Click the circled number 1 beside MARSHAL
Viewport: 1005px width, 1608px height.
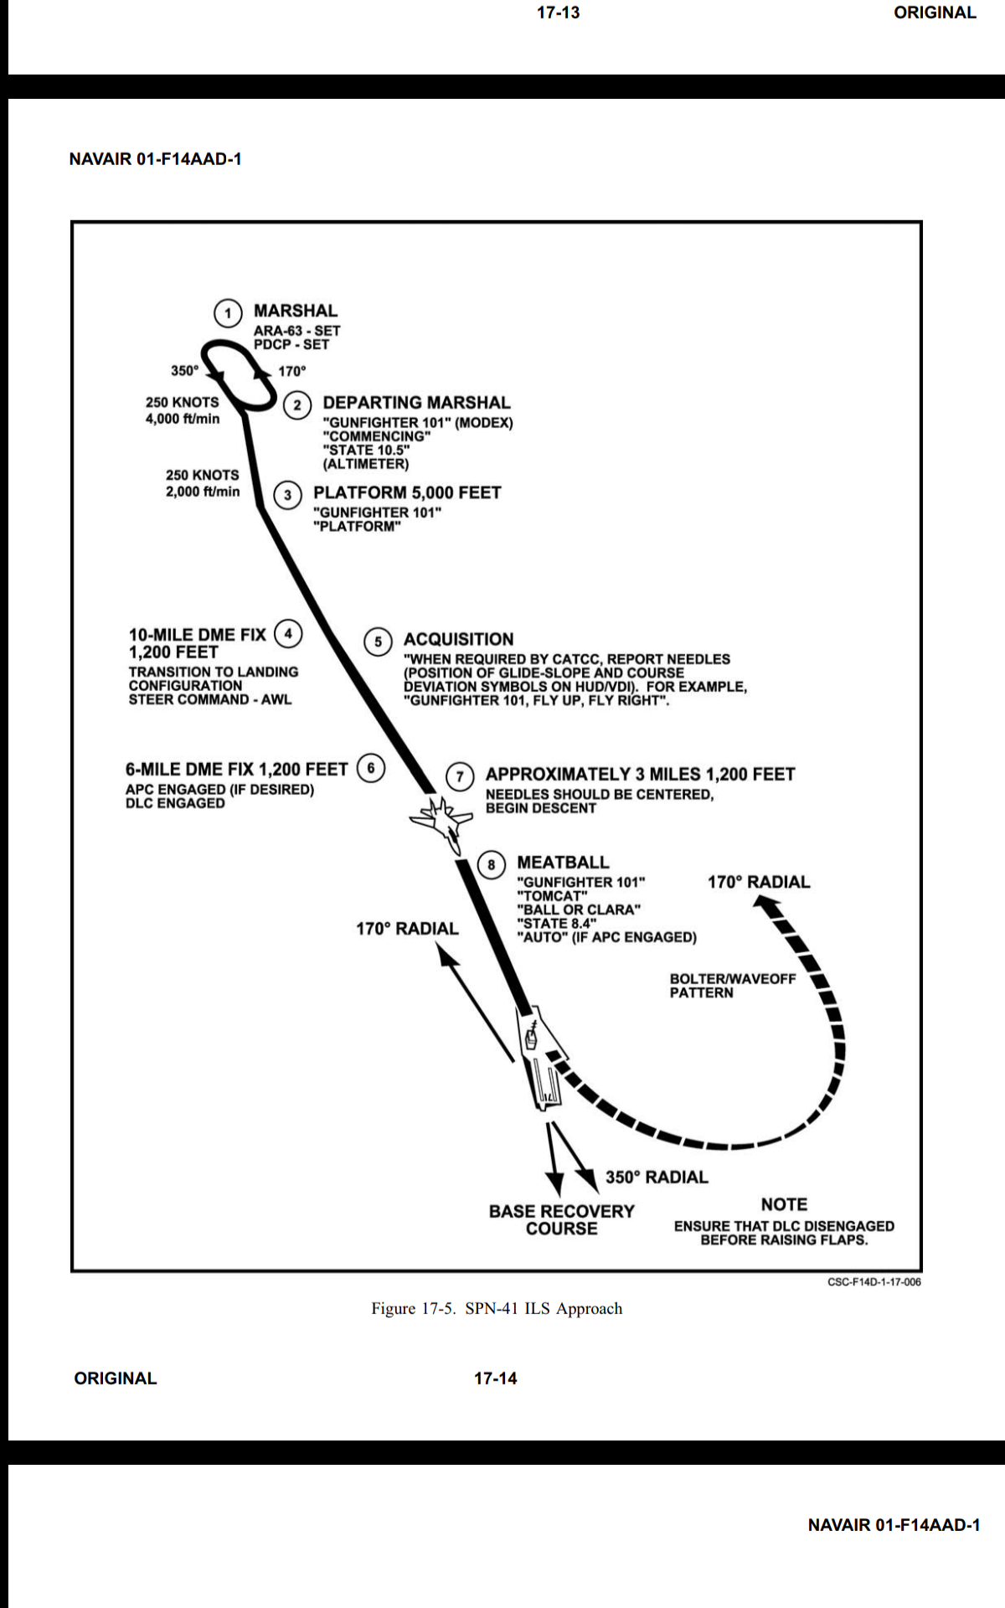[x=228, y=313]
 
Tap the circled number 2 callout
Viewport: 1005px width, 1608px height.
[x=296, y=405]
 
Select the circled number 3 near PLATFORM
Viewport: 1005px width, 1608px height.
[x=288, y=495]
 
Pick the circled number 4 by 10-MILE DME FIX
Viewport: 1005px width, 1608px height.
[x=288, y=633]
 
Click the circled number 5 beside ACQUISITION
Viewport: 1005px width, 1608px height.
[x=378, y=642]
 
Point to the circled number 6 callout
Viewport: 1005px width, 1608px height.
[x=371, y=768]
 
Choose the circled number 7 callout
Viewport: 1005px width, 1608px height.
[x=459, y=776]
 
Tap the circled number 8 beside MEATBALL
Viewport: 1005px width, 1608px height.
[x=491, y=865]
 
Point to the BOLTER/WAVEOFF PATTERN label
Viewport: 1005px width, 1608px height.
[x=732, y=986]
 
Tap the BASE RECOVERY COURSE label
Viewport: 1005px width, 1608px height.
[x=562, y=1220]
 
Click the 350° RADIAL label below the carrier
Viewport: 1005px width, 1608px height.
[x=657, y=1178]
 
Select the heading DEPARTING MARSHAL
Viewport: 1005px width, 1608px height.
[x=416, y=403]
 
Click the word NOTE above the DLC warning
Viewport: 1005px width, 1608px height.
[x=784, y=1204]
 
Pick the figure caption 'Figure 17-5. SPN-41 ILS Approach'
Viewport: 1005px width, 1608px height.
[x=497, y=1308]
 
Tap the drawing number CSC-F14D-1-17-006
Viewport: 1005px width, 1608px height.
[x=874, y=1282]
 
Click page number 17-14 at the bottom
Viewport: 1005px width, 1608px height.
[x=496, y=1379]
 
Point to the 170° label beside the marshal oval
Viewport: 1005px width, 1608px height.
[x=292, y=371]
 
